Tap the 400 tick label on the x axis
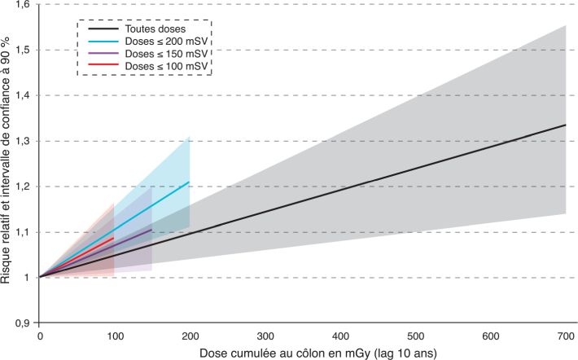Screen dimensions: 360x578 [339, 336]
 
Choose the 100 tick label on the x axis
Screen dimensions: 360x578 [115, 336]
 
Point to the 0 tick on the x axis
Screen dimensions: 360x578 [40, 336]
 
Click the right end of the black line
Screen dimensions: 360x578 [565, 125]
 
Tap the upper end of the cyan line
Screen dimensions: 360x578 [189, 182]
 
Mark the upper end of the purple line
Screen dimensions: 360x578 [151, 230]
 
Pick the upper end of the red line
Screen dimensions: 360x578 [114, 238]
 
